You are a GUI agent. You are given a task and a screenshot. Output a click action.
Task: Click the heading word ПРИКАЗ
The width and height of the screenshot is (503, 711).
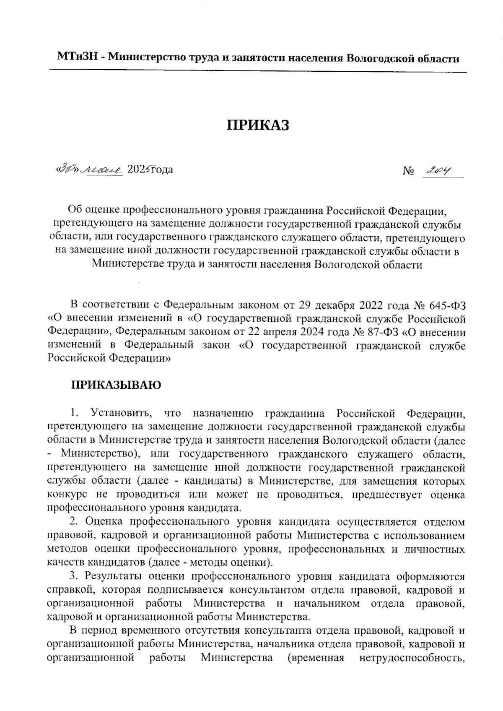point(258,125)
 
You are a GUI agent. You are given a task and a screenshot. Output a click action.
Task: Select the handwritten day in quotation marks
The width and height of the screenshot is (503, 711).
point(67,170)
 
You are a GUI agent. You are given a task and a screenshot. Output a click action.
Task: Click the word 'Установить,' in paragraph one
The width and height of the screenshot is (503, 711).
point(120,413)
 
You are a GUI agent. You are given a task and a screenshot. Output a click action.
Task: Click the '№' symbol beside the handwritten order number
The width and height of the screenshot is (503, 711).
point(408,171)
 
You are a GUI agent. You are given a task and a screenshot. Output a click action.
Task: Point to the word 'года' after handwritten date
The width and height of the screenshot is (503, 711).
point(161,170)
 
